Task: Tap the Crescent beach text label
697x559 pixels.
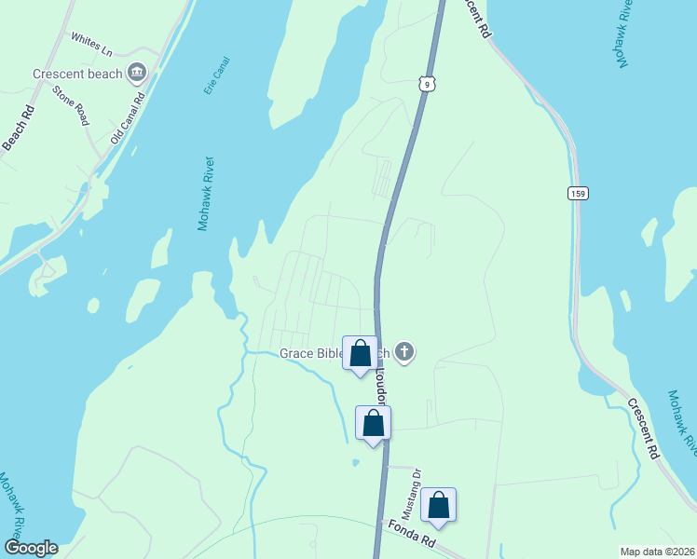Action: (77, 74)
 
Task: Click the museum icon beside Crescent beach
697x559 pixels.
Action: (137, 72)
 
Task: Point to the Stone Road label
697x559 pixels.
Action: (71, 105)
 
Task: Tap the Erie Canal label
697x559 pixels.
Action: (215, 75)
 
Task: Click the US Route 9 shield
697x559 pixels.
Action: (426, 82)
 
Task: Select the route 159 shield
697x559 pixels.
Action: (577, 192)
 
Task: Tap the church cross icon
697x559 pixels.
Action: (403, 351)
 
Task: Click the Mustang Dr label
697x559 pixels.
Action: (411, 494)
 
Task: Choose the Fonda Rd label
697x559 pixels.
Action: (410, 535)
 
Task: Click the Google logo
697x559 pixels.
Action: (31, 548)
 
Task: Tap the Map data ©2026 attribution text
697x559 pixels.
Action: (656, 552)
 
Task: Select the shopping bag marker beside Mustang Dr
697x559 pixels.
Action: (438, 506)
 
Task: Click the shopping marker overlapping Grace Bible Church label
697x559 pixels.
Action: (360, 353)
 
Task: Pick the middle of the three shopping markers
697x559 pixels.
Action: (373, 423)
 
